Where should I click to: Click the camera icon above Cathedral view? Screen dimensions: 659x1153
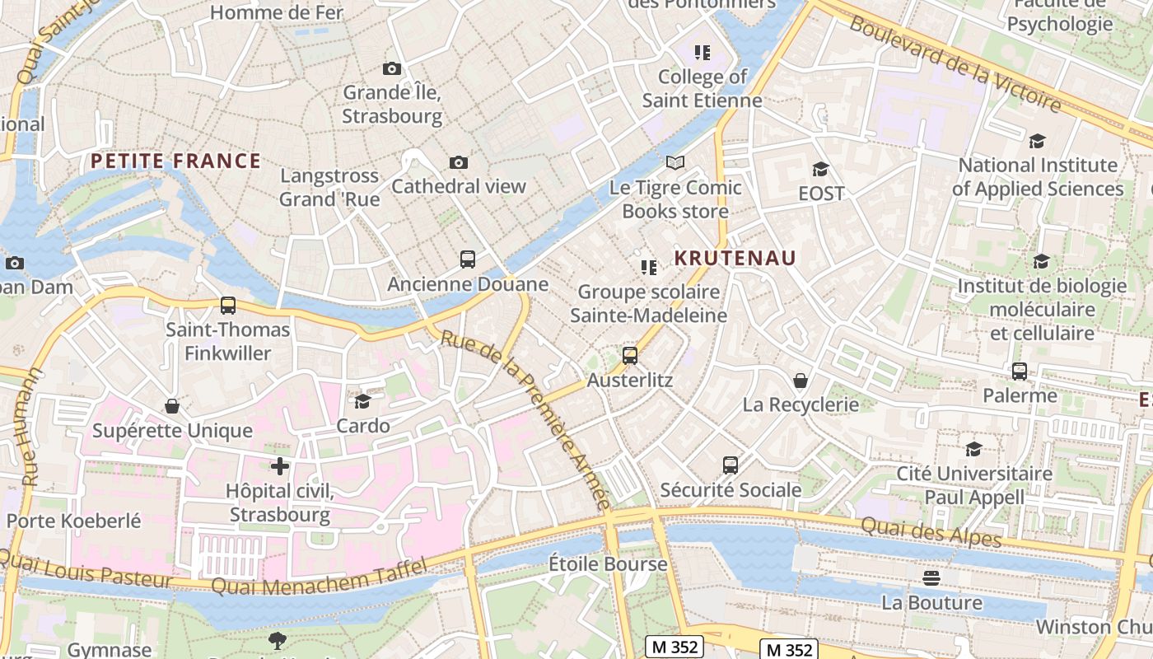coord(459,162)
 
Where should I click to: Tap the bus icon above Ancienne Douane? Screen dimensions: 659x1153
coord(468,259)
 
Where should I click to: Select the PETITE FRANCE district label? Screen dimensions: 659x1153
coord(175,161)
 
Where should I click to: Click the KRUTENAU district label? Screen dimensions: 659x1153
coord(735,258)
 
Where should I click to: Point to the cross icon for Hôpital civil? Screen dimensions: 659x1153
coord(280,466)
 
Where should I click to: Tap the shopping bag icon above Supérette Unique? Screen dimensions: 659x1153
coord(172,406)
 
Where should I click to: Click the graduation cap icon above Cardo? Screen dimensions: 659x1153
coord(362,401)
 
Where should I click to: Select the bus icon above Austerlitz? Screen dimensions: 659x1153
coord(630,356)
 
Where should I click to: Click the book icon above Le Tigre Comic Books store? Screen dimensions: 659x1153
coord(675,162)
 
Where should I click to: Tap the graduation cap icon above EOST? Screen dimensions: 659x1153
coord(820,169)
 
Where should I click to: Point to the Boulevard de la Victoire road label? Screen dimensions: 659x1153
coord(955,63)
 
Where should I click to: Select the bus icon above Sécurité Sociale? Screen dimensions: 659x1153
coord(731,465)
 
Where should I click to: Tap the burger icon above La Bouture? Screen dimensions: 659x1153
coord(931,578)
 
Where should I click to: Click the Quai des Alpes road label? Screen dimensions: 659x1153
coord(931,531)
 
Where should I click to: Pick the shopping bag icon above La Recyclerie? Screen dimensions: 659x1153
coord(800,381)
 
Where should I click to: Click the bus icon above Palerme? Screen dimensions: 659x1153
coord(1020,372)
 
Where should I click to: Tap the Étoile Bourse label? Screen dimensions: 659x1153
coord(608,564)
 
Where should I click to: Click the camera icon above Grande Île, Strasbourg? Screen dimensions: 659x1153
coord(392,68)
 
